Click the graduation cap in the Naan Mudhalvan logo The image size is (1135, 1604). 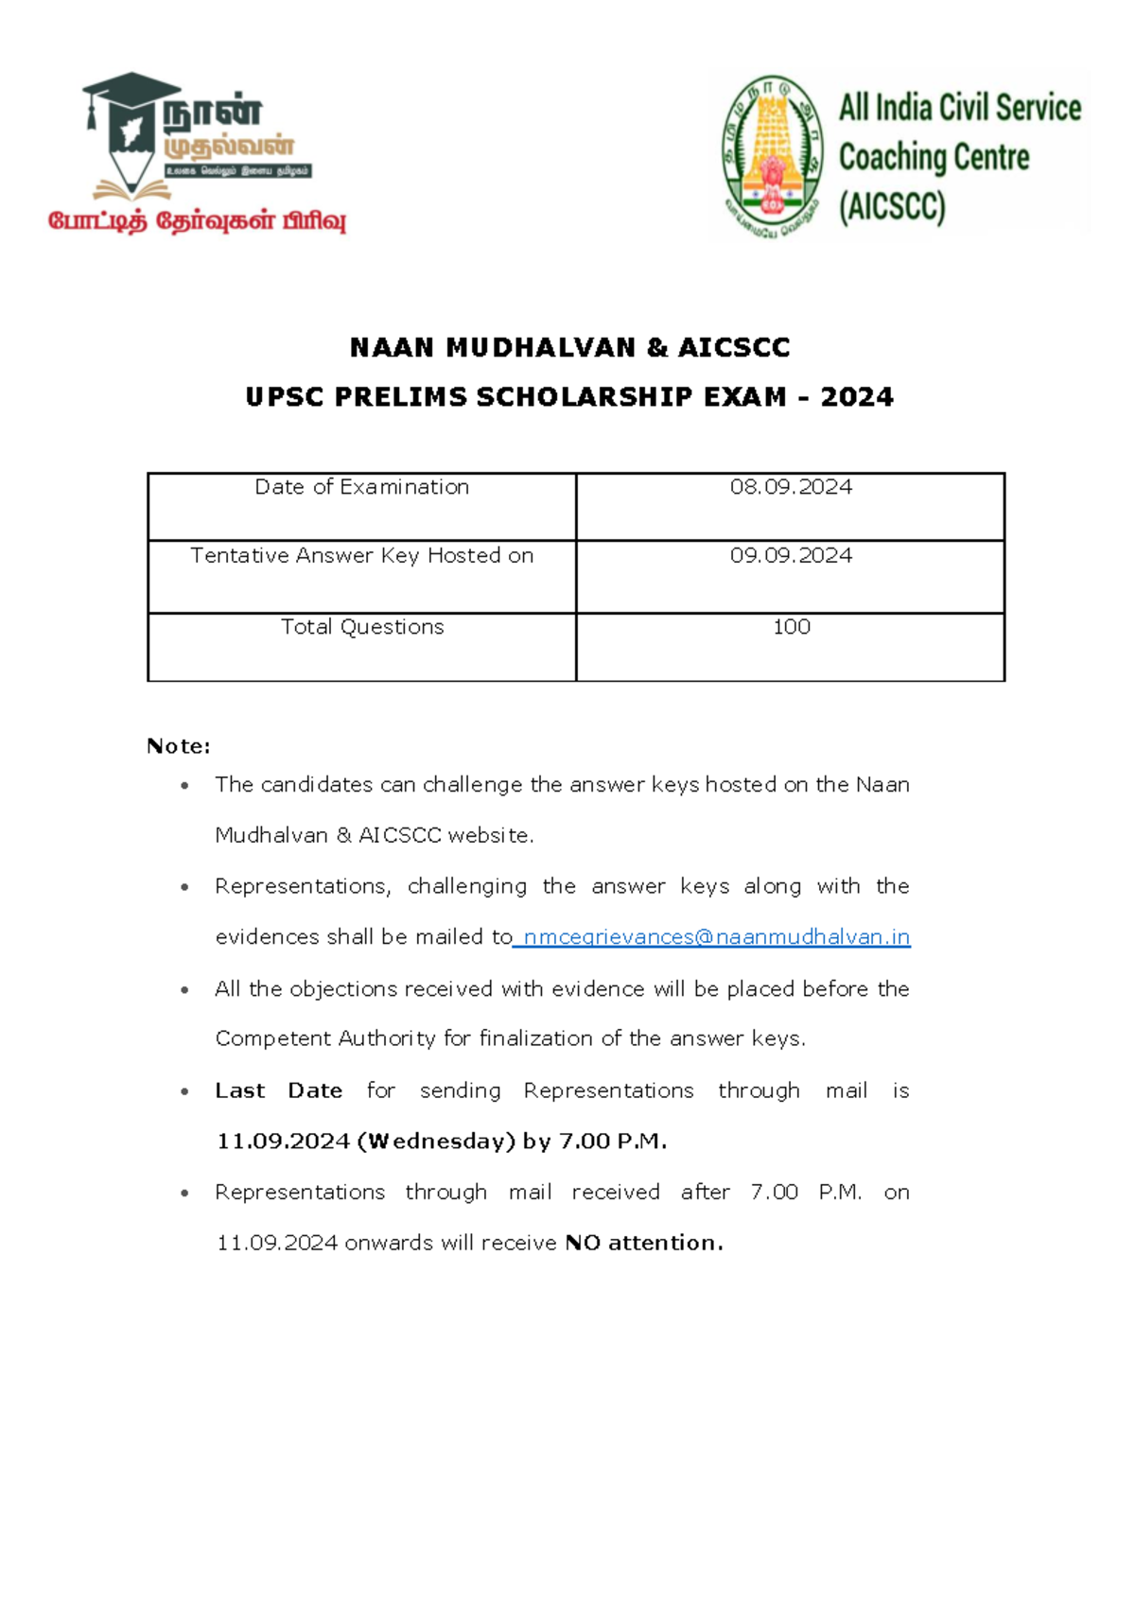131,90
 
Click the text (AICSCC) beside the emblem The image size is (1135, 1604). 892,206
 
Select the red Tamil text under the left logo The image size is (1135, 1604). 197,221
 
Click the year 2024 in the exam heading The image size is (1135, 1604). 857,396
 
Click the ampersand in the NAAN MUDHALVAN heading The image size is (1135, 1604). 657,347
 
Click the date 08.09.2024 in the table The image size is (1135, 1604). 791,487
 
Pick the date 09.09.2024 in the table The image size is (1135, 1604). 791,555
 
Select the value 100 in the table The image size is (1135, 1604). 791,627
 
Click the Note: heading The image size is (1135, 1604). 178,746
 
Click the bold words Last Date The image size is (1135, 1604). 278,1090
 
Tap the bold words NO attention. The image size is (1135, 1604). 643,1243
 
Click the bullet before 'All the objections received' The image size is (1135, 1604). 184,990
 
